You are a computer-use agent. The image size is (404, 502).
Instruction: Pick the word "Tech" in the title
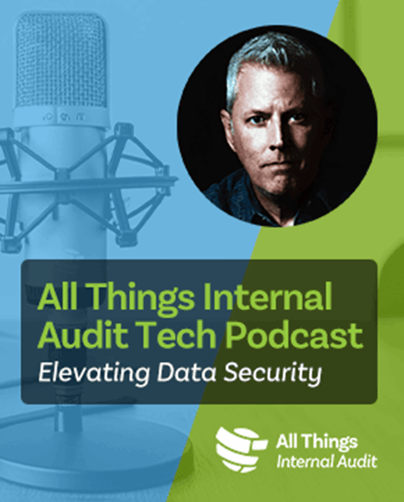tap(173, 334)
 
